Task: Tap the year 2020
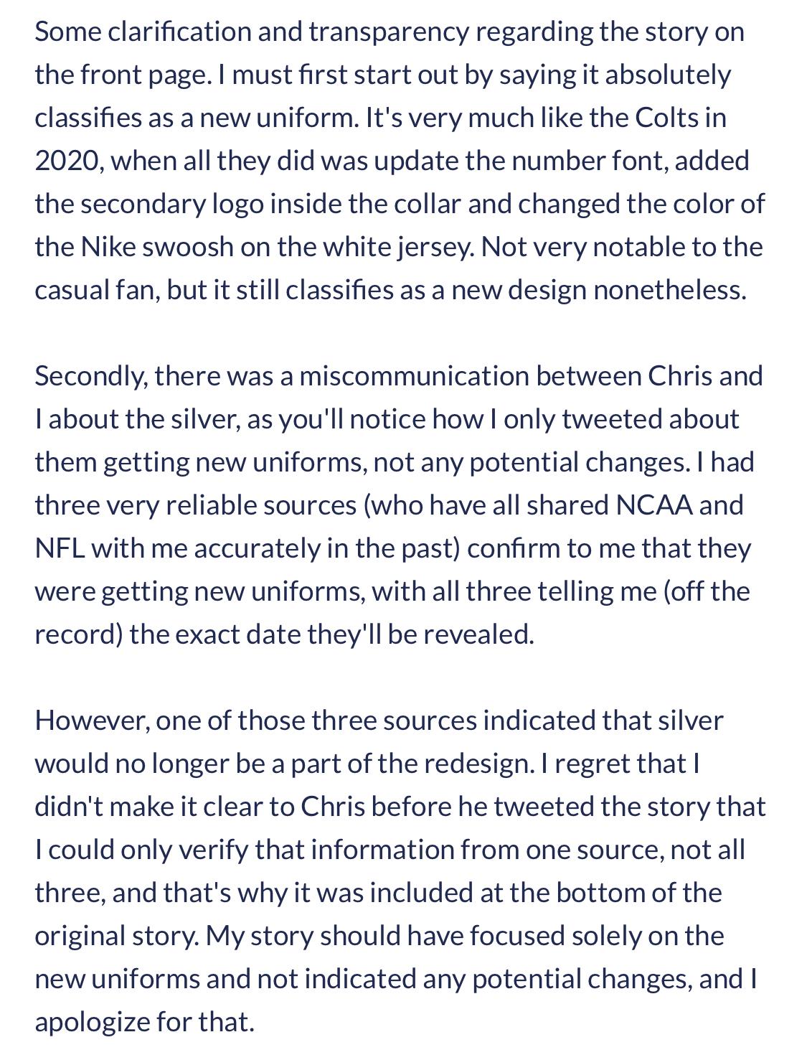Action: tap(69, 161)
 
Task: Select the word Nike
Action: tap(108, 247)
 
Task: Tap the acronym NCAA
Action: tap(654, 505)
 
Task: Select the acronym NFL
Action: tap(60, 548)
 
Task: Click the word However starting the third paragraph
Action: tap(92, 721)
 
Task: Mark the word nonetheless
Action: tap(670, 290)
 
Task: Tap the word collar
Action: tap(425, 204)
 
